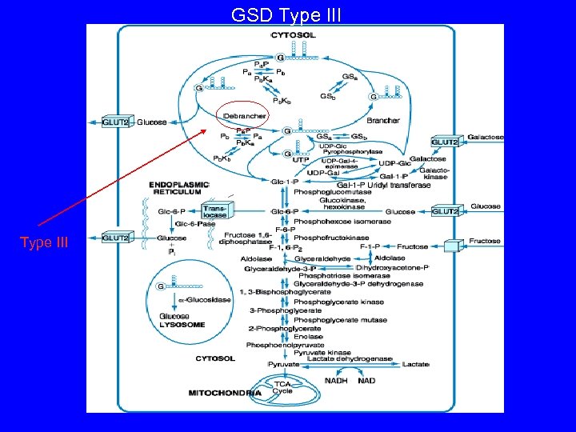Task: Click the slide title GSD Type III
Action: pyautogui.click(x=286, y=14)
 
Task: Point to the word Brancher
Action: pyautogui.click(x=384, y=120)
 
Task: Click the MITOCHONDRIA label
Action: pyautogui.click(x=224, y=393)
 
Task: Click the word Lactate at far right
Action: pyautogui.click(x=416, y=364)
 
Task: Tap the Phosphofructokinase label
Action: pyautogui.click(x=331, y=238)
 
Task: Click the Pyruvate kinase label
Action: pyautogui.click(x=322, y=353)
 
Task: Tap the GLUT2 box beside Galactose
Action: pyautogui.click(x=445, y=142)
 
